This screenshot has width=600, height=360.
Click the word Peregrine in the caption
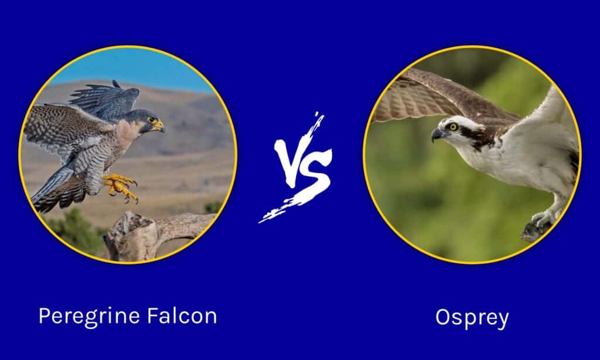pos(89,317)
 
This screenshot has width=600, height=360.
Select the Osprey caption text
pos(472,318)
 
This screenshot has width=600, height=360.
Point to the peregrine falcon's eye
pos(152,120)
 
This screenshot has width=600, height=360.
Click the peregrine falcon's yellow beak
pos(159,126)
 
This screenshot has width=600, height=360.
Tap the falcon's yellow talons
pos(120,187)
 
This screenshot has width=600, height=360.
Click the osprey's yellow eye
pos(454,127)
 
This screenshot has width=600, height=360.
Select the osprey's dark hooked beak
pos(437,134)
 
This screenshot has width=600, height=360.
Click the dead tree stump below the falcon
pos(153,233)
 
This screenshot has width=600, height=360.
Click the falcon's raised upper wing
pos(105,99)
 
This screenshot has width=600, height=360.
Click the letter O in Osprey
pos(443,317)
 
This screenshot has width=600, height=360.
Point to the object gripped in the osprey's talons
pos(536,231)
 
